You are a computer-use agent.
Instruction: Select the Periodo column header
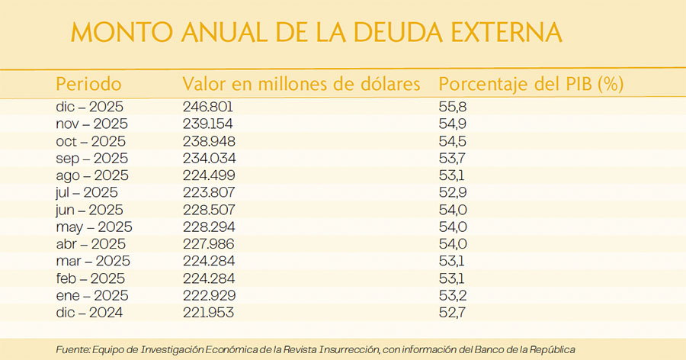pos(88,84)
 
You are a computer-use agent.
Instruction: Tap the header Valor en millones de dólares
pos(301,84)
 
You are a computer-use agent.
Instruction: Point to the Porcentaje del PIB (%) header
pos(532,84)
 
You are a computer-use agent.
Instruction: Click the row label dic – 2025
pos(89,107)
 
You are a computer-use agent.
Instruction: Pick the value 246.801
pos(208,107)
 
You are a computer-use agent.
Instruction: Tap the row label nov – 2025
pos(91,124)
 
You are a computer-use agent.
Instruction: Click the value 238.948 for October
pos(209,141)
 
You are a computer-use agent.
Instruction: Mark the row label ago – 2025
pos(91,175)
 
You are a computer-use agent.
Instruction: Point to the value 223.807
pos(209,192)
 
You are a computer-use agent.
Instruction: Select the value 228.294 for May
pos(209,227)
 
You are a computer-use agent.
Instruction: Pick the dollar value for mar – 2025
pos(209,261)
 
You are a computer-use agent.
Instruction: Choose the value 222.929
pos(209,295)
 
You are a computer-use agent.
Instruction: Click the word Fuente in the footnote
pos(74,349)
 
